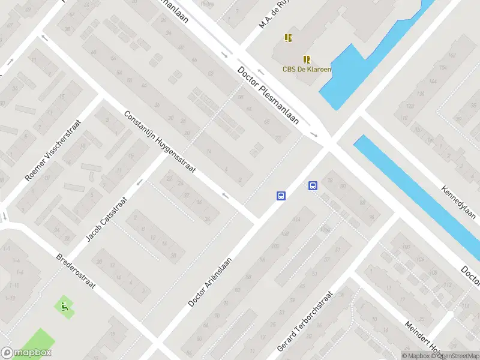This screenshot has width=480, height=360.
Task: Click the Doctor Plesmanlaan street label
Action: [268, 95]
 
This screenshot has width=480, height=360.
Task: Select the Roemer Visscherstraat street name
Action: [52, 150]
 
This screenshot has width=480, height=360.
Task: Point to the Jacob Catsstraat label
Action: [106, 220]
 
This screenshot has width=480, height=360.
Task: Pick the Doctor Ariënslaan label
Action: [210, 275]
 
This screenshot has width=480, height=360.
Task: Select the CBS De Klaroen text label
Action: [307, 69]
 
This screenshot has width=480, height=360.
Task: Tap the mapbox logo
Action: [26, 353]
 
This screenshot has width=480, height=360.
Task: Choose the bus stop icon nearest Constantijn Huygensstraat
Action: [281, 196]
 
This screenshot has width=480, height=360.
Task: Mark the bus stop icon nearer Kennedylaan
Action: [313, 185]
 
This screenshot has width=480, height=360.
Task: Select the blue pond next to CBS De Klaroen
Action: [342, 78]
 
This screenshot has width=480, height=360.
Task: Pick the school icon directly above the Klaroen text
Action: [307, 59]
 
